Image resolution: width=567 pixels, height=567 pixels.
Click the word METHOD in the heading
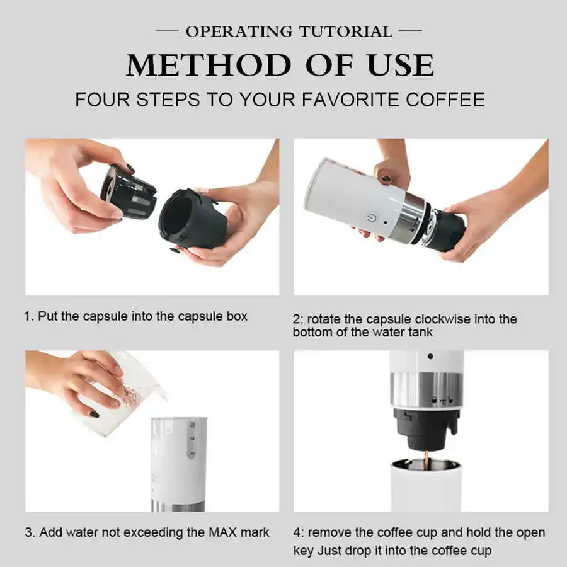click(209, 66)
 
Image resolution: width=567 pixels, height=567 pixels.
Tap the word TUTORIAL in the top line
click(346, 31)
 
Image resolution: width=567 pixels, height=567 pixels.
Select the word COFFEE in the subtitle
click(445, 100)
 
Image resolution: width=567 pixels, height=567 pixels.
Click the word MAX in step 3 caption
click(222, 532)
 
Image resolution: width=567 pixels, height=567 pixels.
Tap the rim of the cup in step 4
click(426, 463)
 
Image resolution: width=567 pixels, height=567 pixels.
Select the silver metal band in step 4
click(427, 391)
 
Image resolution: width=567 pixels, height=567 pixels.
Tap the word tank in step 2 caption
click(420, 332)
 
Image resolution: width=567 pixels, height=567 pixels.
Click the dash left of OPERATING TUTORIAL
click(167, 31)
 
